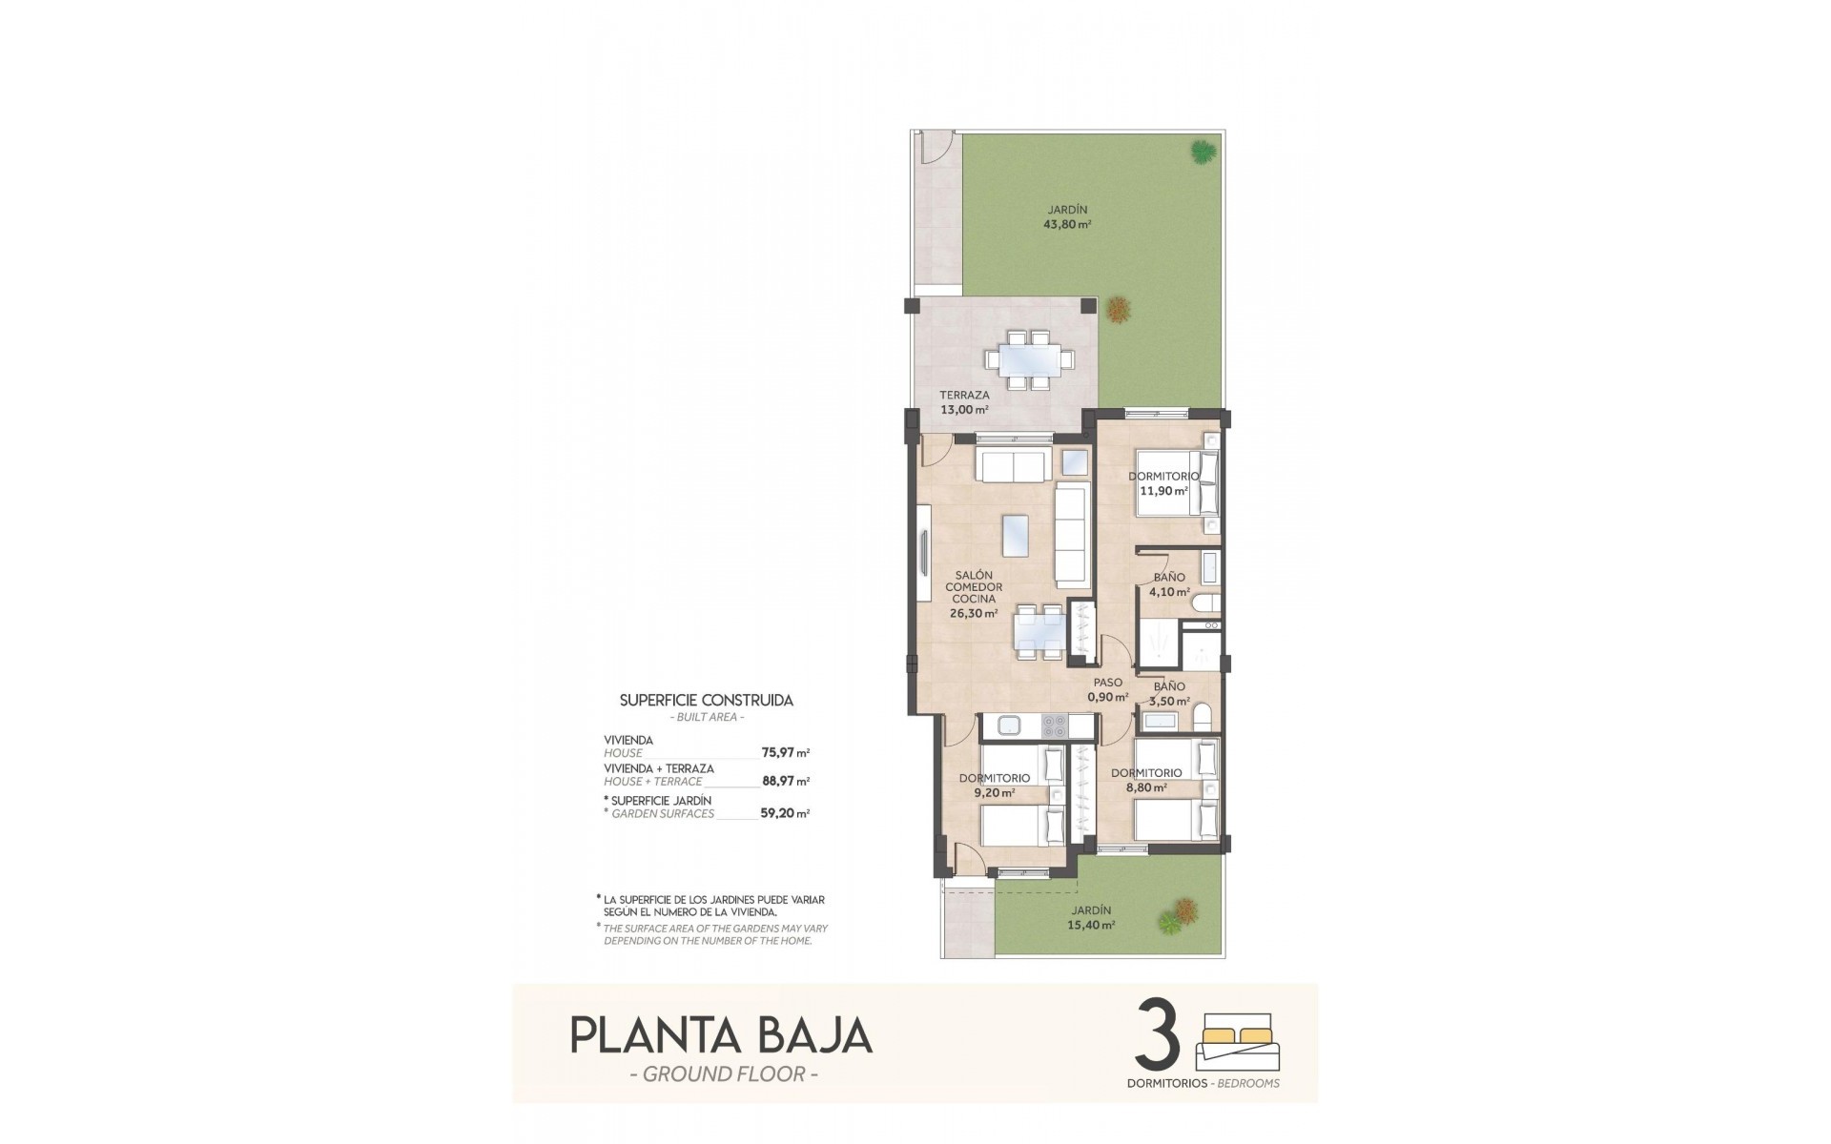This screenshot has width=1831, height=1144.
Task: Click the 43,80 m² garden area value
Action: [x=1067, y=225]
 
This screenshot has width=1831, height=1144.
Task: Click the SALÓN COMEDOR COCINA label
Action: [x=973, y=587]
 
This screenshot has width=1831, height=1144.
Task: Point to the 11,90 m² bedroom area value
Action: [x=1163, y=492]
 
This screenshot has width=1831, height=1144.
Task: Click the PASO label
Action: [x=1107, y=683]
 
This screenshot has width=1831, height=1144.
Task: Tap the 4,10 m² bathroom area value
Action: [x=1169, y=592]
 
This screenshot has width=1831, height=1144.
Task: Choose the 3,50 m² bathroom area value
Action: [x=1169, y=701]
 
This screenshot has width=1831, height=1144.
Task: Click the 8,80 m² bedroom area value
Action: [x=1146, y=788]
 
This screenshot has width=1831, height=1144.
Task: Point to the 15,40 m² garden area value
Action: [x=1091, y=925]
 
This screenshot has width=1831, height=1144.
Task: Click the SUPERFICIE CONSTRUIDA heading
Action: [x=706, y=700]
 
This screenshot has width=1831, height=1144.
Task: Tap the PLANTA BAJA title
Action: [x=720, y=1035]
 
